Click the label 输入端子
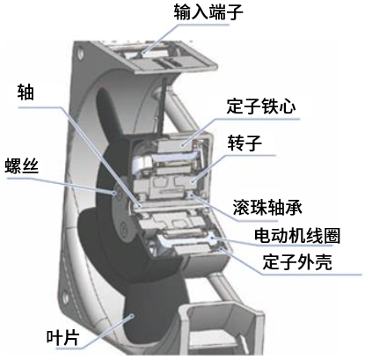click(x=208, y=12)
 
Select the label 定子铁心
click(x=261, y=106)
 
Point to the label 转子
click(x=245, y=143)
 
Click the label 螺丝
click(x=22, y=165)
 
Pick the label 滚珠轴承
click(x=267, y=208)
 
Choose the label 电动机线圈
click(x=297, y=236)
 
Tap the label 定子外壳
click(x=297, y=261)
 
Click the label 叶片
click(x=62, y=337)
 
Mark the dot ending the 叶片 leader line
click(x=132, y=316)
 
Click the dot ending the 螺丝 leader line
click(x=114, y=193)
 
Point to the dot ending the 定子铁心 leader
click(x=182, y=144)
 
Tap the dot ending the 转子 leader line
click(x=192, y=181)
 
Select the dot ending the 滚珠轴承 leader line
click(x=191, y=195)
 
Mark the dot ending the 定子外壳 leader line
click(x=220, y=249)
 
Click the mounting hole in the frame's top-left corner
click(x=79, y=55)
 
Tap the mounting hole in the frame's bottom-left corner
click(x=66, y=298)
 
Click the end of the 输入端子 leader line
click(x=142, y=54)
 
